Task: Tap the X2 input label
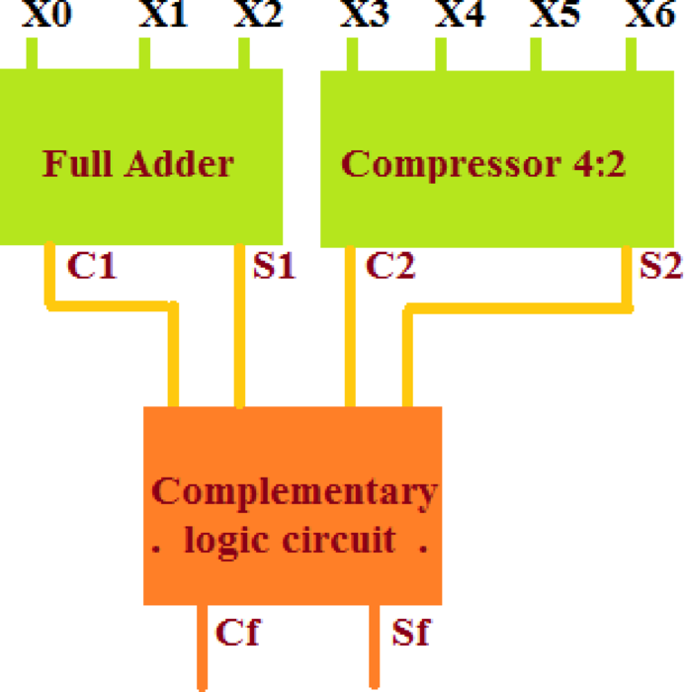pos(257,15)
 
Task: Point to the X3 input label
pos(364,15)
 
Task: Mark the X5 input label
pos(556,15)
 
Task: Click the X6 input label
pos(649,15)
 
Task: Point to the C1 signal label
pos(91,266)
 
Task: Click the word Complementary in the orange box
pos(294,490)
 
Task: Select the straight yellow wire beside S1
pos(239,326)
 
